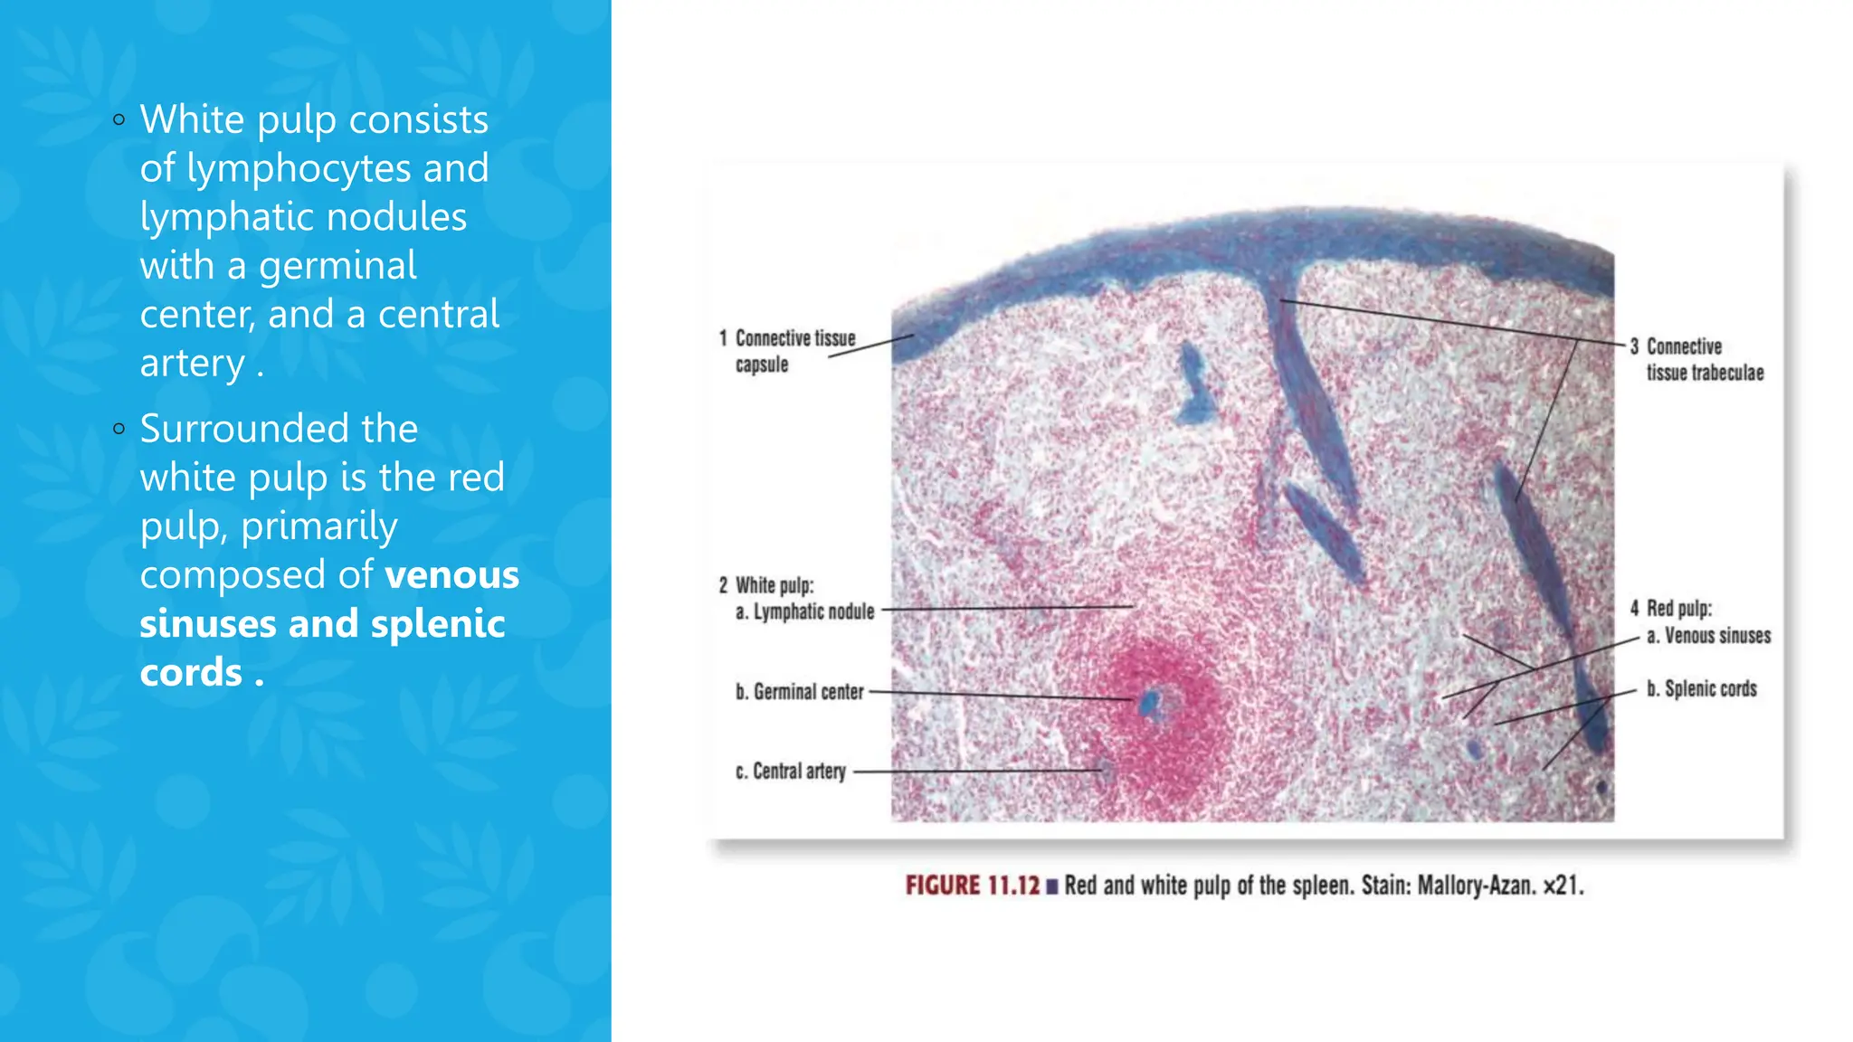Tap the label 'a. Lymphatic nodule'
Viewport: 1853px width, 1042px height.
point(804,612)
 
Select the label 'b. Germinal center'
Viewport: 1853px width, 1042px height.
point(799,692)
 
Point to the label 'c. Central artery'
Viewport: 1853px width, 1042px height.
point(790,772)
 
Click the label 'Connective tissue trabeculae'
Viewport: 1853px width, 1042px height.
point(1704,360)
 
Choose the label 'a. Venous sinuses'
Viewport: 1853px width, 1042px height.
point(1708,636)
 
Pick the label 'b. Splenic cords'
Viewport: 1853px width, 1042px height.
point(1701,689)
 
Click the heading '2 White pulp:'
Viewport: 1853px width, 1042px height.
point(766,585)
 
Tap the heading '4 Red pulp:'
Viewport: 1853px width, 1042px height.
point(1671,608)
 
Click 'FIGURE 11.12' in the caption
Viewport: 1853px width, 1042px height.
point(973,886)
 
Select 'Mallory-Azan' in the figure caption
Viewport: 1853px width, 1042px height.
point(1475,886)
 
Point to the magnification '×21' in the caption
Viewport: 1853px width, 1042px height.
point(1562,886)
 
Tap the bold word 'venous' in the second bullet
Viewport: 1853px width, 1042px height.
point(451,575)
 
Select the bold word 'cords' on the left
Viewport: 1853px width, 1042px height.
point(191,673)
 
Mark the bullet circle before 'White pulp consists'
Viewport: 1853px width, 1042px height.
point(119,119)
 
